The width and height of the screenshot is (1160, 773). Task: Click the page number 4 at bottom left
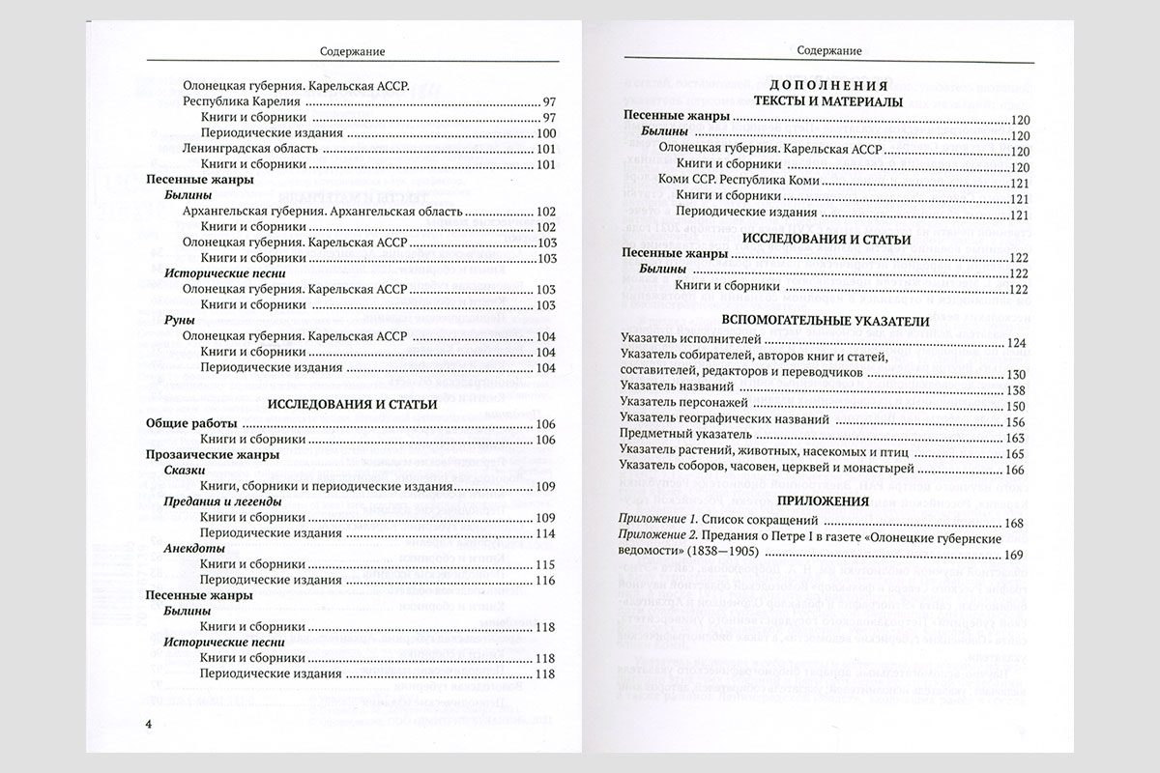148,724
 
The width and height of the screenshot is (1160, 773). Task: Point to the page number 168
1014,523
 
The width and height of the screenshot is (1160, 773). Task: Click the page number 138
1014,388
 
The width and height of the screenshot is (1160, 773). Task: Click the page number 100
546,133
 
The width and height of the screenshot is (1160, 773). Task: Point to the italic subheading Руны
180,321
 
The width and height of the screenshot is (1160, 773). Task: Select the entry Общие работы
189,423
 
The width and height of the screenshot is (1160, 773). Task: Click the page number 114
546,533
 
